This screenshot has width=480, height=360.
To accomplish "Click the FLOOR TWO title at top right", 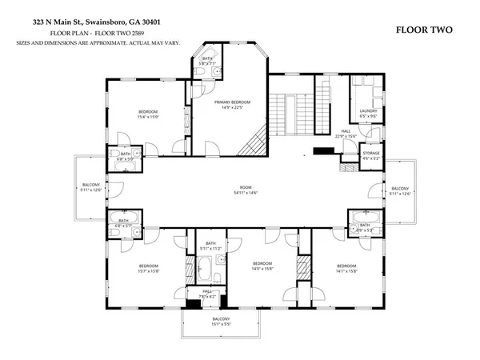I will point(424,30).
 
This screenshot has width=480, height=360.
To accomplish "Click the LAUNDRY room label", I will point(368,113).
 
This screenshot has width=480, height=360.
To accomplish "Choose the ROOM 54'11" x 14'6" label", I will point(246,190).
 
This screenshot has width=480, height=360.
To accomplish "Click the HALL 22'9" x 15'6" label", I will point(346,134).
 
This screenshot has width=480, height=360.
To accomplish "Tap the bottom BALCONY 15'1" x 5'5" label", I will point(221,322).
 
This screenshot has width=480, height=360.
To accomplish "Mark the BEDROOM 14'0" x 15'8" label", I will point(263,266).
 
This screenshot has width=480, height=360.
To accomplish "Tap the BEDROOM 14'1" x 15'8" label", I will point(346,268).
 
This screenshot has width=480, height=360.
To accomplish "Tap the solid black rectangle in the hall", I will point(323,150).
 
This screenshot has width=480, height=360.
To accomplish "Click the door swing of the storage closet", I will point(349,167).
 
